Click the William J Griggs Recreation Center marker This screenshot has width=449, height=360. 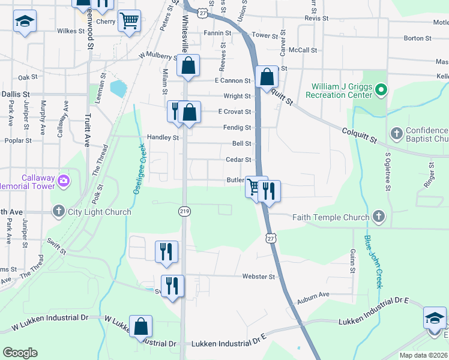pyautogui.click(x=380, y=91)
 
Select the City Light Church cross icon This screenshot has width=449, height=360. pyautogui.click(x=58, y=211)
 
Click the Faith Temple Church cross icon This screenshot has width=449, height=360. pyautogui.click(x=378, y=216)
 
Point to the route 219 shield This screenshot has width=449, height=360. pyautogui.click(x=184, y=211)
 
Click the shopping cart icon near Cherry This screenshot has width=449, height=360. pyautogui.click(x=130, y=21)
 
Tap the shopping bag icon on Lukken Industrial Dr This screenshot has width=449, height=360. pyautogui.click(x=140, y=326)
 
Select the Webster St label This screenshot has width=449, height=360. pyautogui.click(x=258, y=277)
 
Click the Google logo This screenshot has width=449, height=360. pyautogui.click(x=20, y=353)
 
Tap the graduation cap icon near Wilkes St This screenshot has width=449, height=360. pyautogui.click(x=25, y=23)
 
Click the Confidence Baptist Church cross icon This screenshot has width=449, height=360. pyautogui.click(x=396, y=133)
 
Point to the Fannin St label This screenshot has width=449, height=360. pyautogui.click(x=218, y=33)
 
